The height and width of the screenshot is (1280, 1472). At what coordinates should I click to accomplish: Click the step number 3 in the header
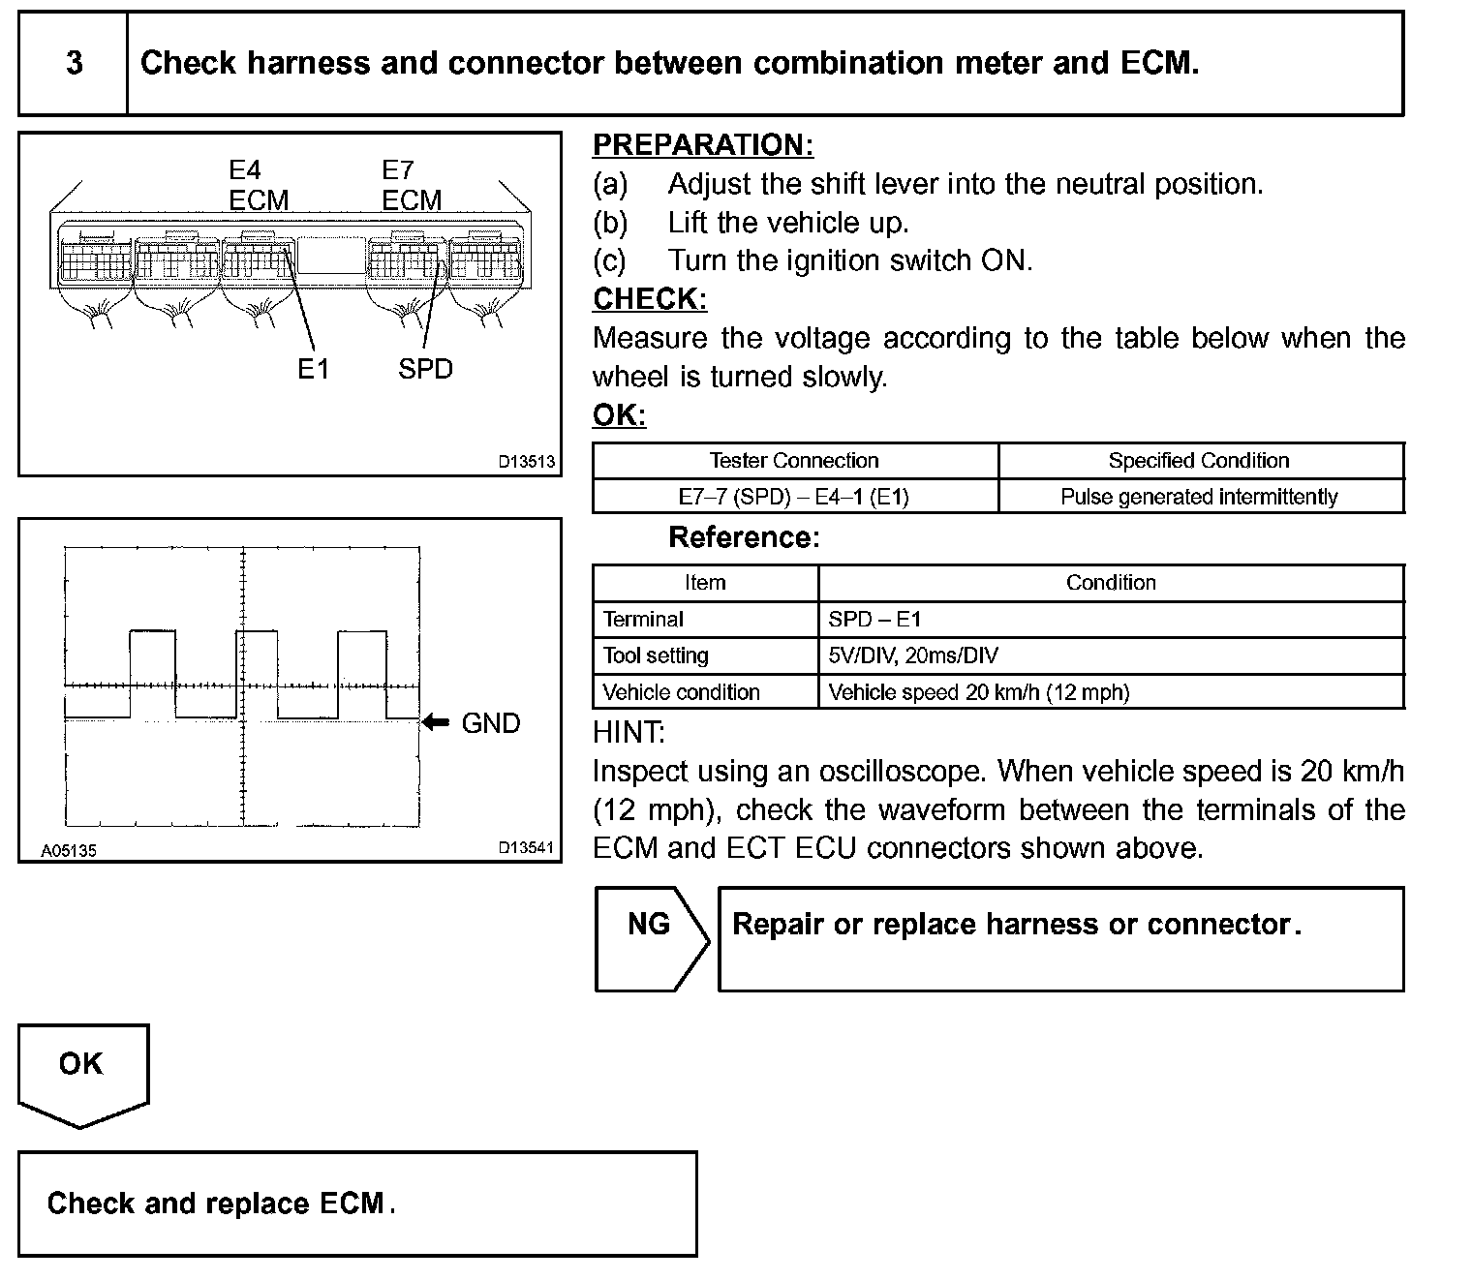tap(74, 64)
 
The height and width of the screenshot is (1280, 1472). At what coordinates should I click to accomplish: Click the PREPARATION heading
tap(702, 145)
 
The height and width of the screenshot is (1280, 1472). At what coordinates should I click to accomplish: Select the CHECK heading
tap(649, 299)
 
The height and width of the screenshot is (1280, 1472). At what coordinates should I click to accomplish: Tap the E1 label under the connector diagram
tap(313, 369)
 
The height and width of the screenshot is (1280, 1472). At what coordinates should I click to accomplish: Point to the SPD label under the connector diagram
tap(425, 369)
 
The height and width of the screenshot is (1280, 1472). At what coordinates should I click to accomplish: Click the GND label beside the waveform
tap(491, 723)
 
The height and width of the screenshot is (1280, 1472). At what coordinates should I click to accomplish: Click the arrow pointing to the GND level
tap(437, 722)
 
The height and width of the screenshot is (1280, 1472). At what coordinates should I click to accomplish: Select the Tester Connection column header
tap(794, 461)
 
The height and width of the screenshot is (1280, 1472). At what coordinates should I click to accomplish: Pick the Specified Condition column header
tap(1199, 461)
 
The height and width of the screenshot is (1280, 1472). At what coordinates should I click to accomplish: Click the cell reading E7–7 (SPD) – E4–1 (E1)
tap(794, 497)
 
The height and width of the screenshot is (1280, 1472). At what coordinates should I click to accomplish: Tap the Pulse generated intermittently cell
tap(1199, 497)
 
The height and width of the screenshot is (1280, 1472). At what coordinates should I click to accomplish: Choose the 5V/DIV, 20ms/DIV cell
tap(913, 655)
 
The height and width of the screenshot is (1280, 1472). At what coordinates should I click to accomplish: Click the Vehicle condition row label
tap(681, 692)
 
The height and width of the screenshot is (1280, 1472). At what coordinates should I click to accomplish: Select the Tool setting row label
tap(656, 655)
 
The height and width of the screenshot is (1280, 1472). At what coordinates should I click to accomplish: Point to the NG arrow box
tap(649, 938)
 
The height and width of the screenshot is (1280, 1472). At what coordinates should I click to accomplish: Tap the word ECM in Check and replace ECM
tap(353, 1204)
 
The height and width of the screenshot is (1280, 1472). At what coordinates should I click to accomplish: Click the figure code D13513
tap(527, 462)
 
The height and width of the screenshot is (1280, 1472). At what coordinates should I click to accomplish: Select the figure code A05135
tap(68, 851)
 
